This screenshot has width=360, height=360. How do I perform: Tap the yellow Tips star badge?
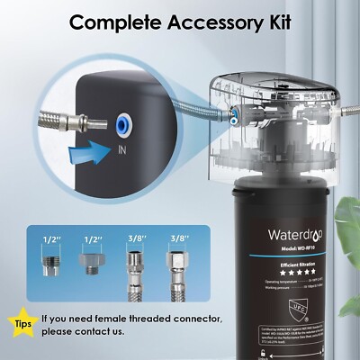[24, 321]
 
